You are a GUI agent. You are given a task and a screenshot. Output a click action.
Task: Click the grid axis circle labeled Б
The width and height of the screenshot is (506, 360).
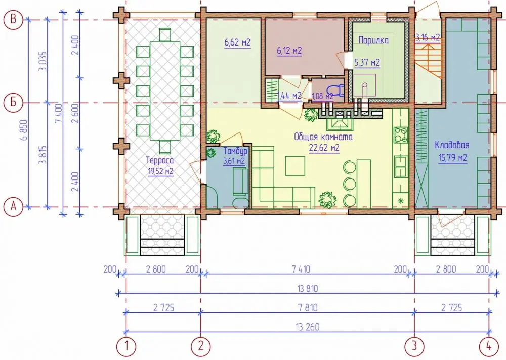coord(13,103)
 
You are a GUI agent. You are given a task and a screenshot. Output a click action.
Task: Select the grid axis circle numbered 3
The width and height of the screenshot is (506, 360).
coord(414,346)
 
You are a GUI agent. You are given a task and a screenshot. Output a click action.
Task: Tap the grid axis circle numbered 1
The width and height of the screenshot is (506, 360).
coord(126,346)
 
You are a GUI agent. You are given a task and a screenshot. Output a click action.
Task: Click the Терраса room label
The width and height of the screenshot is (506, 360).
coord(160,160)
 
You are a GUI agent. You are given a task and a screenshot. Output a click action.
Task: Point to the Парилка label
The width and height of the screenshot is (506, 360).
coord(374,40)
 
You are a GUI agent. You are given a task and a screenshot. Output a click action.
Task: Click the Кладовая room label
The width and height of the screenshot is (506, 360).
coord(452,145)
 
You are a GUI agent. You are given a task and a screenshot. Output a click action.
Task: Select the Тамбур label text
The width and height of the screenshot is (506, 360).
coord(236,151)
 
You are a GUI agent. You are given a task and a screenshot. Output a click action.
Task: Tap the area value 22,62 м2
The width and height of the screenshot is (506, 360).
coord(324,148)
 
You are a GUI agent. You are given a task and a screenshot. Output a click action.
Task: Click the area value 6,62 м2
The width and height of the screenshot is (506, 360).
coord(237,42)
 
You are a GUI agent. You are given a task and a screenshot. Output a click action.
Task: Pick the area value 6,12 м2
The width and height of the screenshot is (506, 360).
coord(289,51)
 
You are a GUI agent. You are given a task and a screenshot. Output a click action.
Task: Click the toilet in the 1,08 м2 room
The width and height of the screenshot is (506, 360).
coord(335,90)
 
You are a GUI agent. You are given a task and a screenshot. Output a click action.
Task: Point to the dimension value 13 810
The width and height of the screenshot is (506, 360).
coord(307,288)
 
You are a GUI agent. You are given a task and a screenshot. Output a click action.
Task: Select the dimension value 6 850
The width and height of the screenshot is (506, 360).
coord(24,130)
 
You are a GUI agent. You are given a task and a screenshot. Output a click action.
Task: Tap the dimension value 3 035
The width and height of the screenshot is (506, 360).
coord(43,61)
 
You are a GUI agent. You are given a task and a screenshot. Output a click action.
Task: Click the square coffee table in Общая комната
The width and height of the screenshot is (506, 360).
coord(295,166)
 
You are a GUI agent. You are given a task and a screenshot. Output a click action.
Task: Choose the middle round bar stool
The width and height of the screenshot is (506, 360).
coord(350,184)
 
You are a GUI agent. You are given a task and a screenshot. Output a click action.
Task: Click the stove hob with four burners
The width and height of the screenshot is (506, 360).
coord(401,135)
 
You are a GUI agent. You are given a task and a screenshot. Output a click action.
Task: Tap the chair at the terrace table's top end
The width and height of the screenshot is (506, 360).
coord(165,35)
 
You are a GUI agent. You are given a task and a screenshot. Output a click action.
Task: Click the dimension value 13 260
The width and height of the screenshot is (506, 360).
coord(307,327)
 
